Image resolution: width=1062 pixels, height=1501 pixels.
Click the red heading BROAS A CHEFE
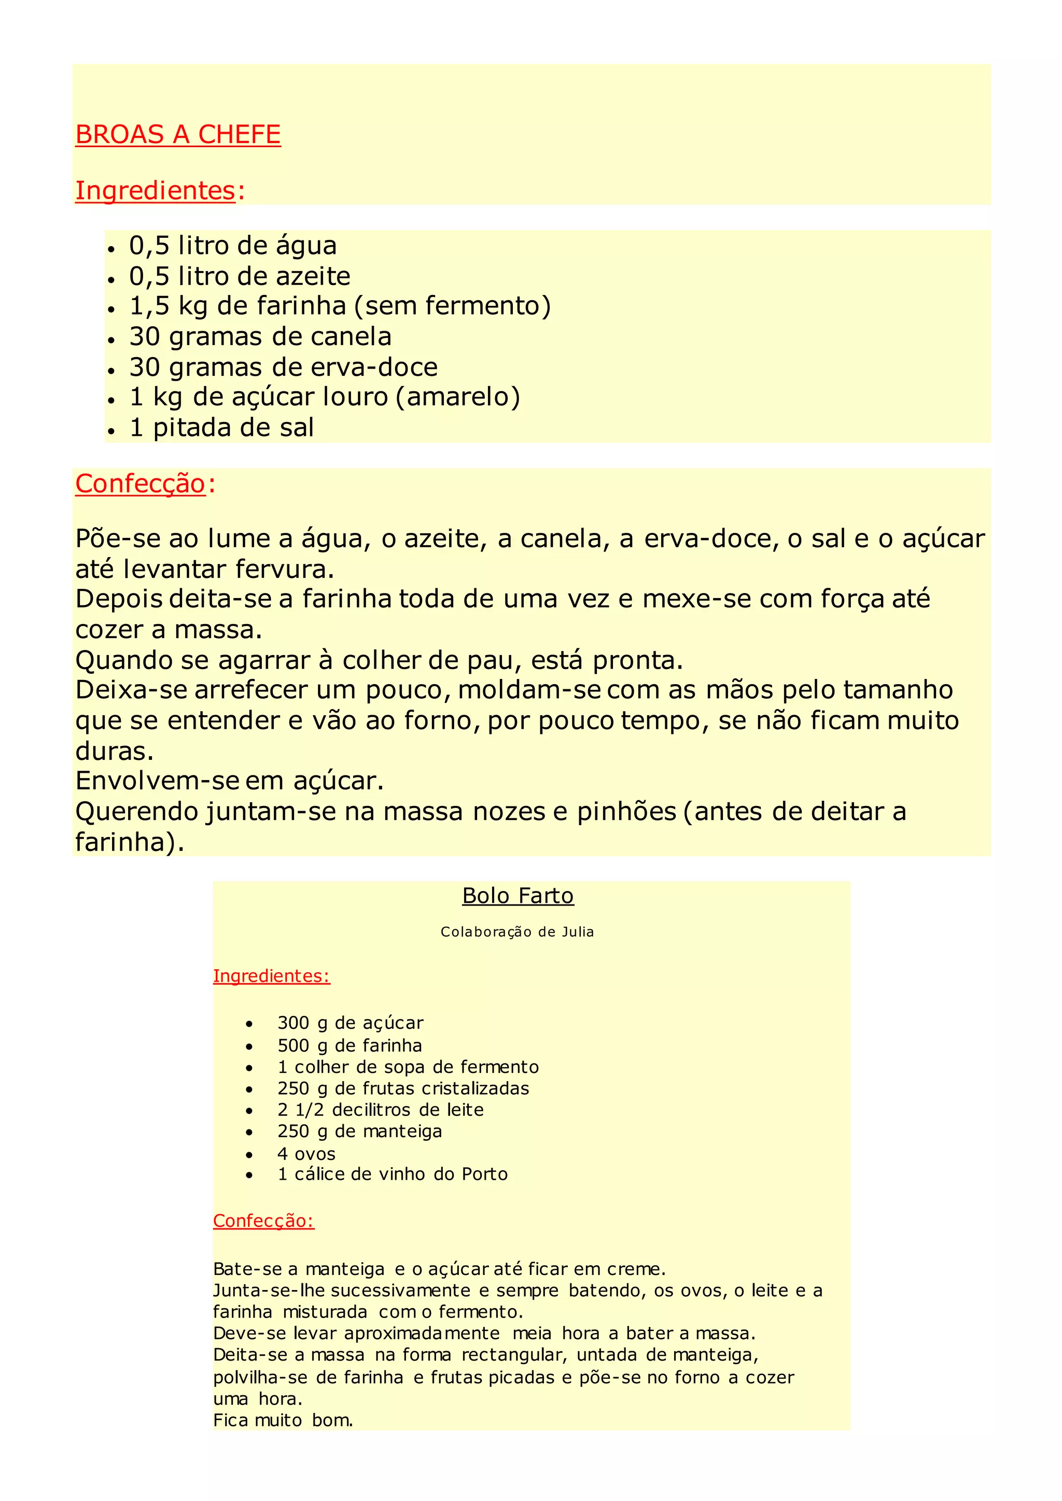click(178, 135)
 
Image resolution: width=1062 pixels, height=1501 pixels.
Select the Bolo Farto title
click(518, 896)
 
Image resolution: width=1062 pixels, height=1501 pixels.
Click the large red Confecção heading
click(141, 484)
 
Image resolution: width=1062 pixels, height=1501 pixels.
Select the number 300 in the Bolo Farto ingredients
click(293, 1023)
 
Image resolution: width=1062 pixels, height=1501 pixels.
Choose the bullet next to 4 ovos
click(249, 1154)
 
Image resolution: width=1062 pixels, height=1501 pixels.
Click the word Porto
click(484, 1174)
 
